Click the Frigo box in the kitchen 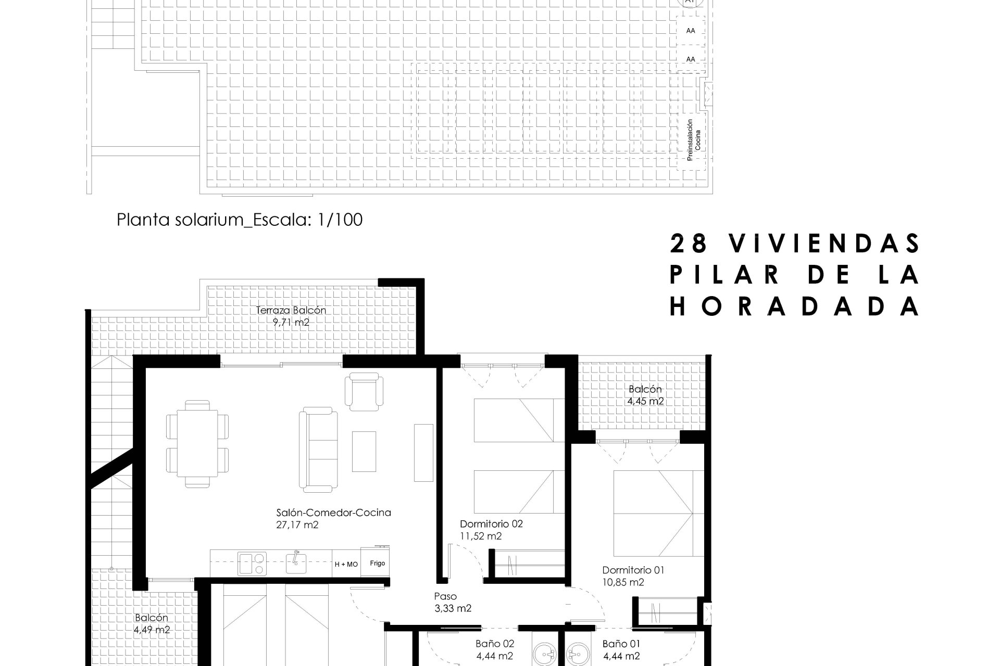coord(378,562)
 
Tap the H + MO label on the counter coord(346,564)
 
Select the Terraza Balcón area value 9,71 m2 coord(291,322)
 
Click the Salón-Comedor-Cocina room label coord(334,513)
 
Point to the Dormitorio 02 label coord(491,524)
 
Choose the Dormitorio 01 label coord(633,570)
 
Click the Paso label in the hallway coord(445,596)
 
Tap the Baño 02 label coord(495,644)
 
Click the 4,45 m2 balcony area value coord(645,401)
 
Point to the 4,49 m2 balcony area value coord(152,630)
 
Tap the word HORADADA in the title coord(795,307)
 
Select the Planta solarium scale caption coord(240,220)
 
